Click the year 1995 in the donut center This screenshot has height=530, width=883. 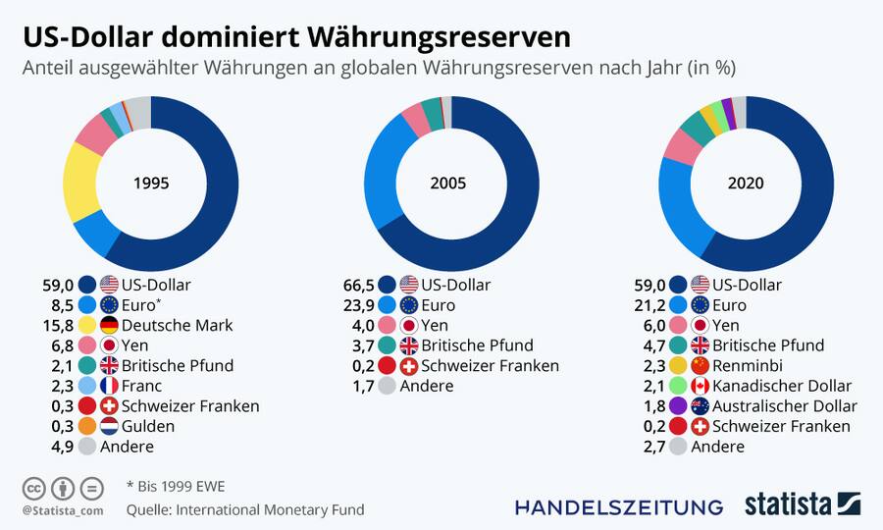151,184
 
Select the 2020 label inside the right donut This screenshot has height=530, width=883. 746,184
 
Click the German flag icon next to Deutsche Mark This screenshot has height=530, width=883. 109,325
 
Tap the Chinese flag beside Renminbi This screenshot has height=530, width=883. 701,365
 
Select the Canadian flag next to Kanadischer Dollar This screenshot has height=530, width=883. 701,386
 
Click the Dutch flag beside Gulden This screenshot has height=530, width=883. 109,426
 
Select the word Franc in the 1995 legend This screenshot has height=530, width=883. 142,386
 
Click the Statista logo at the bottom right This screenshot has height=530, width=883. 802,504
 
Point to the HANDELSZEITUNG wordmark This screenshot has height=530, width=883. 619,506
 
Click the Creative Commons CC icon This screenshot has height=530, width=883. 32,488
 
